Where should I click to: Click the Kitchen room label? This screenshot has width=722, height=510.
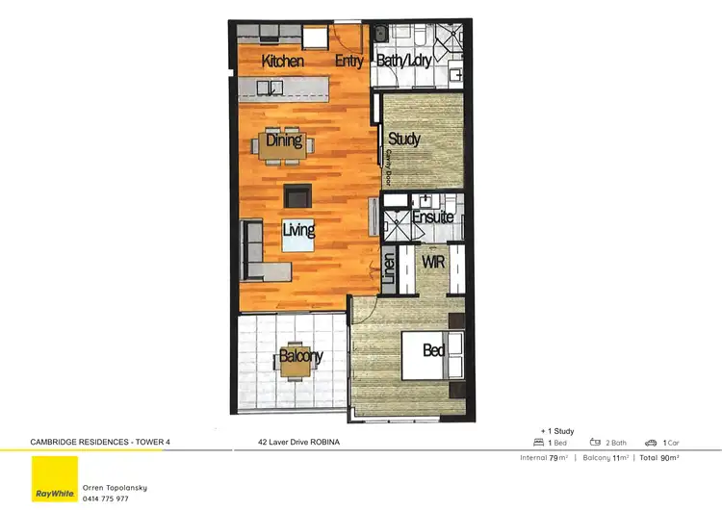[283, 62]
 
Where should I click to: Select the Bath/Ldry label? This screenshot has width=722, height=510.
[404, 62]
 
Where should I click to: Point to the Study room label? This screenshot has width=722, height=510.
[404, 140]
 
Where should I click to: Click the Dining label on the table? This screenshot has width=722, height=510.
[284, 140]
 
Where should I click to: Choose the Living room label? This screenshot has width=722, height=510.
[298, 231]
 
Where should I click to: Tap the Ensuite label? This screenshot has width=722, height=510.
[432, 217]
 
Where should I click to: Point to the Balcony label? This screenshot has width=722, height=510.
[300, 357]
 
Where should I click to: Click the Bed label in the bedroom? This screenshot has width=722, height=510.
[434, 351]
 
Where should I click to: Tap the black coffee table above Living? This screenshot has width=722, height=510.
[297, 195]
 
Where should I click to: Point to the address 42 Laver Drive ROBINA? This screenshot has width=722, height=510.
[299, 443]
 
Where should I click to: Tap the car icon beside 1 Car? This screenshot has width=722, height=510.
[651, 443]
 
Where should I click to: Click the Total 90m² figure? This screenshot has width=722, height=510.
[658, 458]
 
